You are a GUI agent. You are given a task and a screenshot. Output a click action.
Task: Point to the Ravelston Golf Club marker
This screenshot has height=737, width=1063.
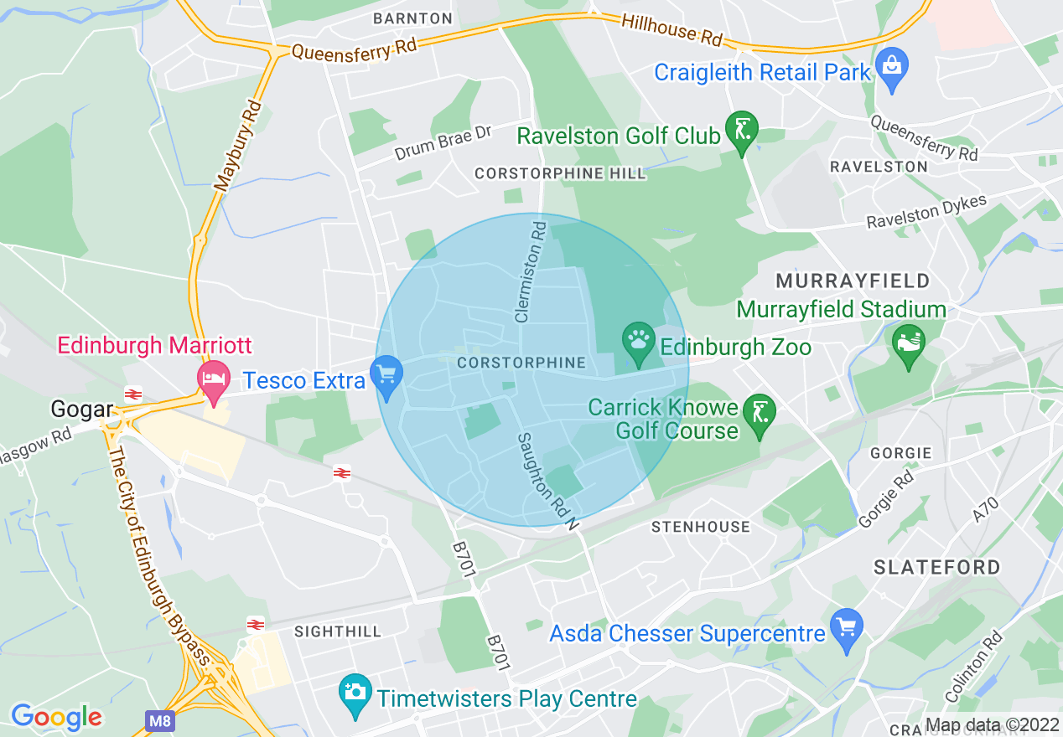741,131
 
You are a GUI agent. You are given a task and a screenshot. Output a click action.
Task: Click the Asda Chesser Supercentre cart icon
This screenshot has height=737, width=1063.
847,629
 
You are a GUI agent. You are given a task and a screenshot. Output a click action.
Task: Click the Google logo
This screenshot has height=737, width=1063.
56,717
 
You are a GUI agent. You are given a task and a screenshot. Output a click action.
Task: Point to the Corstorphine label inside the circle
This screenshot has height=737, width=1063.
521,363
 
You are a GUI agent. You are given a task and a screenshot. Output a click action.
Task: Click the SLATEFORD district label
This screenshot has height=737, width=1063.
936,567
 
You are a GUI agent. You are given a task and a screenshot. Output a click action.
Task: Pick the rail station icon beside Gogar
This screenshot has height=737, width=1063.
132,393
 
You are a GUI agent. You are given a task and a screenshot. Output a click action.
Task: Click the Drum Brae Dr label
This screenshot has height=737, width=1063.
443,143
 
